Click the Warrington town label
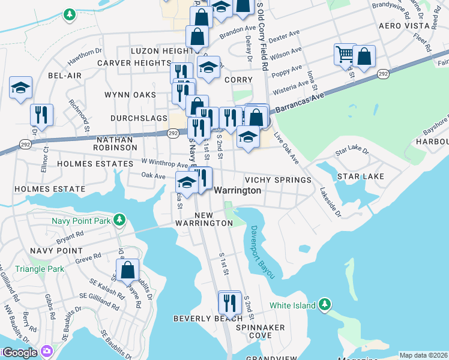(238, 190)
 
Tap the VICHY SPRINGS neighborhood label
(278, 180)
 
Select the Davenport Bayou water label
(263, 252)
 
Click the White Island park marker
(325, 305)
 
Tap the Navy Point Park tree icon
(120, 220)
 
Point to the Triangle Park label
(40, 269)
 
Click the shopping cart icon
(345, 55)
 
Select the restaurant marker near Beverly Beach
(229, 301)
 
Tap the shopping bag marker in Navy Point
(127, 270)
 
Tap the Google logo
(19, 353)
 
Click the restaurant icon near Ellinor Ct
(41, 114)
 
